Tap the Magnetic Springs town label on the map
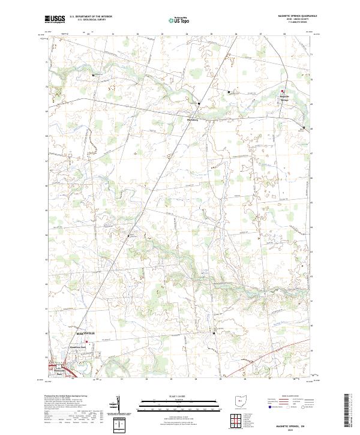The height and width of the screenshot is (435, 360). pos(285,97)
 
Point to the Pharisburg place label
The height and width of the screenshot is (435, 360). pos(193,120)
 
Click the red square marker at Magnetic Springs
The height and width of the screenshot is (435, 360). pos(283,91)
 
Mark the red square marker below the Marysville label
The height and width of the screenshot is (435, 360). pos(86,342)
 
